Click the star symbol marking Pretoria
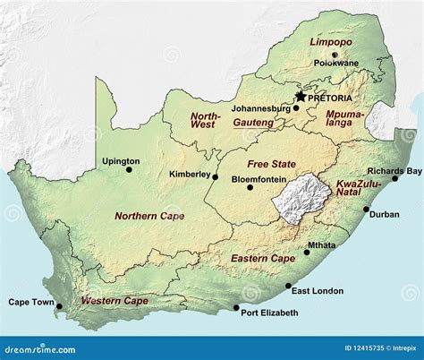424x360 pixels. pyautogui.click(x=301, y=96)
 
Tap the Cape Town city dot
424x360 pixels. pyautogui.click(x=60, y=306)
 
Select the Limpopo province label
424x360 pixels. pyautogui.click(x=331, y=41)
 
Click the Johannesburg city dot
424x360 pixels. pyautogui.click(x=296, y=108)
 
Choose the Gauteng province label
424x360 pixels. pyautogui.click(x=254, y=122)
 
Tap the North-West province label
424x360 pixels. pyautogui.click(x=206, y=121)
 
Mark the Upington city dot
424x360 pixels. pyautogui.click(x=129, y=169)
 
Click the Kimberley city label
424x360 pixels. pyautogui.click(x=188, y=175)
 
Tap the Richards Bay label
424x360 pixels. pyautogui.click(x=394, y=170)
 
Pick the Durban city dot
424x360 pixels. pyautogui.click(x=366, y=210)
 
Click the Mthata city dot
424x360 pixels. pyautogui.click(x=308, y=253)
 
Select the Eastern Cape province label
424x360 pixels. pyautogui.click(x=263, y=258)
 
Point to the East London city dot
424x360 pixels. pyautogui.click(x=288, y=287)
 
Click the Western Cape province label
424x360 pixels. pyautogui.click(x=114, y=301)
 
